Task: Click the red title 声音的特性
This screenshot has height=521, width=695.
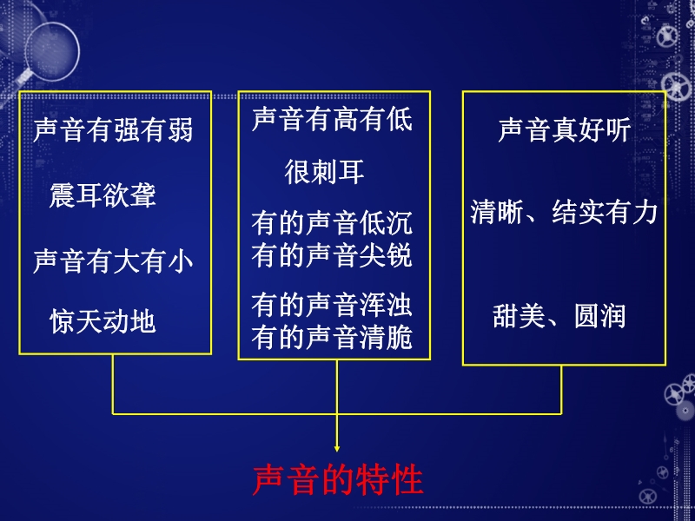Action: click(338, 480)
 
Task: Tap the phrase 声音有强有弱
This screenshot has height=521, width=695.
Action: click(114, 129)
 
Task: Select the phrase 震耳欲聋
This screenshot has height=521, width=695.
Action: click(103, 195)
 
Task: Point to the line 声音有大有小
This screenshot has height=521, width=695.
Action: click(114, 260)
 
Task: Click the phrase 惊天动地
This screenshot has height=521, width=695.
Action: click(103, 321)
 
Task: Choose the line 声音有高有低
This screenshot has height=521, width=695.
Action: click(333, 119)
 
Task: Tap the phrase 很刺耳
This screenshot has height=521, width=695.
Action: click(324, 172)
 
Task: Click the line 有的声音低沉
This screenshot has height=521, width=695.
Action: click(333, 223)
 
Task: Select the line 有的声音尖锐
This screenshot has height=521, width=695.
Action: click(333, 255)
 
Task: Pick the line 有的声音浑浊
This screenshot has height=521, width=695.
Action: click(333, 306)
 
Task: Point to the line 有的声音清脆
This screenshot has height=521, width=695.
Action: click(333, 338)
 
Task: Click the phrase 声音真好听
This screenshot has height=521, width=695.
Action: click(564, 129)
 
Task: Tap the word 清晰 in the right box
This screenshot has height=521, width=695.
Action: click(497, 212)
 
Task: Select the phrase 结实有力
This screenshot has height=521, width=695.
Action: click(605, 212)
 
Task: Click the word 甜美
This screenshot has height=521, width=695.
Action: click(519, 316)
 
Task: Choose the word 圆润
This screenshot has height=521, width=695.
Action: click(599, 316)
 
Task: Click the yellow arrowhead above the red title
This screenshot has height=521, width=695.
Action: click(337, 448)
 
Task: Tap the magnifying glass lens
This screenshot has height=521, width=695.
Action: click(52, 51)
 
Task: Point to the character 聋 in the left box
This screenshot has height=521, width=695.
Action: click(142, 195)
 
